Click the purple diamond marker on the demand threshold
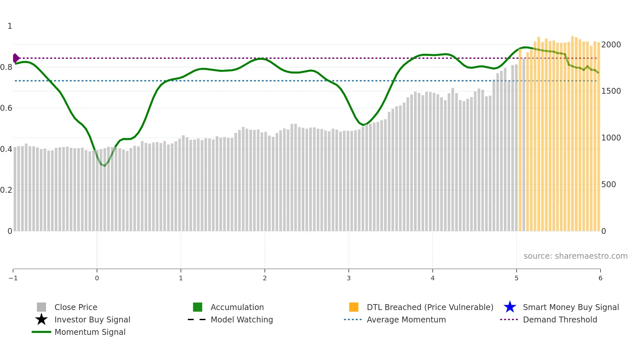coord(16,58)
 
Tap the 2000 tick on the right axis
coord(611,45)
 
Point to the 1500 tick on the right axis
coord(611,91)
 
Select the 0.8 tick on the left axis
coord(6,67)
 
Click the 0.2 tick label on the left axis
coord(6,190)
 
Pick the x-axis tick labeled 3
coord(349,278)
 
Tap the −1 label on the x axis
coord(13,278)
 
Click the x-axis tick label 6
coord(600,278)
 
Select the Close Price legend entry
coord(76,307)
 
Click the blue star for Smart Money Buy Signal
coord(510,307)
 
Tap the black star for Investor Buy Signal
coord(41,319)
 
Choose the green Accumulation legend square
coord(198,307)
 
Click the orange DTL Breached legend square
coord(354,307)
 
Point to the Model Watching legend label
coord(242,319)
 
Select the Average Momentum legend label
coord(406,319)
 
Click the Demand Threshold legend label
coord(560,319)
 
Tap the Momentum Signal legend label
coord(90,332)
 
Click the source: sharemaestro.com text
coord(575,256)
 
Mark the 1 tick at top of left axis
coord(10,26)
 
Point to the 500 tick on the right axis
coord(608,185)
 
